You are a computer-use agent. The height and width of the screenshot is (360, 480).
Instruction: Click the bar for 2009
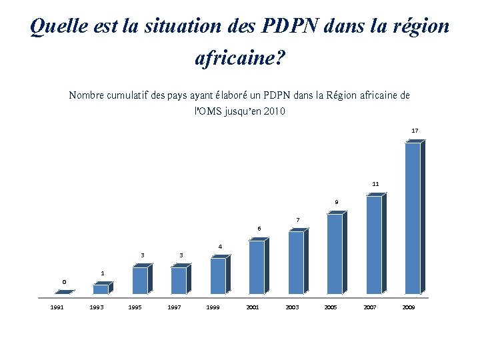[x=413, y=218]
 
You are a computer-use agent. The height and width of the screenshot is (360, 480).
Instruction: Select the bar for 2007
[x=374, y=245]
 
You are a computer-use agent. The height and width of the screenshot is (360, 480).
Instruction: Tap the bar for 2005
[x=335, y=254]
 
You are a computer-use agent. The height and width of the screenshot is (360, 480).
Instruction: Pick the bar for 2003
[x=296, y=263]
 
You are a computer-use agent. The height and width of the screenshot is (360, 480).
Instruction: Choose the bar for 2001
[x=257, y=267]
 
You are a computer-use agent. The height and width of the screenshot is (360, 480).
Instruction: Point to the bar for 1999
[x=218, y=275]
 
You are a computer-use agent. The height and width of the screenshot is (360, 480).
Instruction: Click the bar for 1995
[x=140, y=280]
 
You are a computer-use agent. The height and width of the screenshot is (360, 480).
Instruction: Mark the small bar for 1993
[x=101, y=289]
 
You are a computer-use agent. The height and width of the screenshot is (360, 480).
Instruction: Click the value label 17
[x=415, y=131]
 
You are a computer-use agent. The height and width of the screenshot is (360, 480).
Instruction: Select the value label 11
[x=375, y=183]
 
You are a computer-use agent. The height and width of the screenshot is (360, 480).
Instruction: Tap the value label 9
[x=337, y=202]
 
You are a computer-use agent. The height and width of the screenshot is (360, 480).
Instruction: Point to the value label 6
[x=259, y=229]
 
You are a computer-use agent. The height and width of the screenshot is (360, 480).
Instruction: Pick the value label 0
[x=64, y=282]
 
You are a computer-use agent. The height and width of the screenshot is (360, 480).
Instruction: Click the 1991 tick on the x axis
[x=57, y=307]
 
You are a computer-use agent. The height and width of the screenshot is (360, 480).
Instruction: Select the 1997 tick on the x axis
[x=175, y=307]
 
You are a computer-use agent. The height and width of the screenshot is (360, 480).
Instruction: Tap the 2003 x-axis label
[x=292, y=307]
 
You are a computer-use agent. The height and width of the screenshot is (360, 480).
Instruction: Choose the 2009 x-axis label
[x=409, y=307]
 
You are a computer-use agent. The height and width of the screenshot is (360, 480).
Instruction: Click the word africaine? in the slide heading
[x=239, y=59]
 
